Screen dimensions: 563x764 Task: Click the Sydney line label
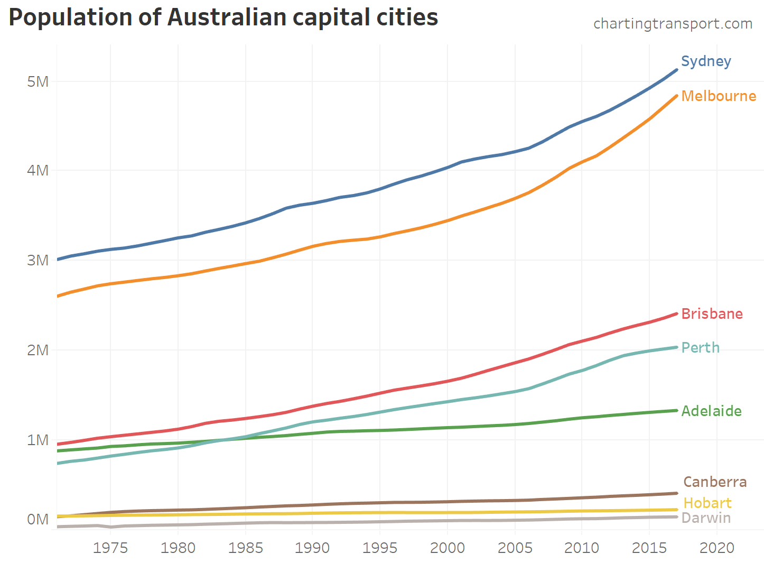tap(706, 61)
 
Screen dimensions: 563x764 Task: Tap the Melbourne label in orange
tap(719, 96)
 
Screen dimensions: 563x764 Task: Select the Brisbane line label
tap(712, 314)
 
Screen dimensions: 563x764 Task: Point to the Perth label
tap(700, 348)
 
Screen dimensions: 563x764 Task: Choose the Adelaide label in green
tap(711, 411)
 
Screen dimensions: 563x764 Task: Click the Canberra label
tap(715, 482)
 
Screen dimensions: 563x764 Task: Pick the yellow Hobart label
tap(707, 503)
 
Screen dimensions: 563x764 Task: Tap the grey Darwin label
tap(706, 518)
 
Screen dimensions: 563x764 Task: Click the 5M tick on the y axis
tap(38, 81)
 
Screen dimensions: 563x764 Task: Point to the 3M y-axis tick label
tap(38, 260)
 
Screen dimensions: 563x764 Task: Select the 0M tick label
tap(38, 520)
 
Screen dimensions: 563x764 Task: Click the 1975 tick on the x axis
tap(110, 548)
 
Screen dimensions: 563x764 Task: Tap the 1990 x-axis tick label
tap(312, 548)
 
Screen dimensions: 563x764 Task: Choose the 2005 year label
tap(515, 548)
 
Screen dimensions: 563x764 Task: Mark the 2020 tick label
tap(716, 548)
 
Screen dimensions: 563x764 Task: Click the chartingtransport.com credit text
tap(673, 24)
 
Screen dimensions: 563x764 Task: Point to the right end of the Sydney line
tap(676, 70)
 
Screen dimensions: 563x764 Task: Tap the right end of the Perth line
tap(676, 347)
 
